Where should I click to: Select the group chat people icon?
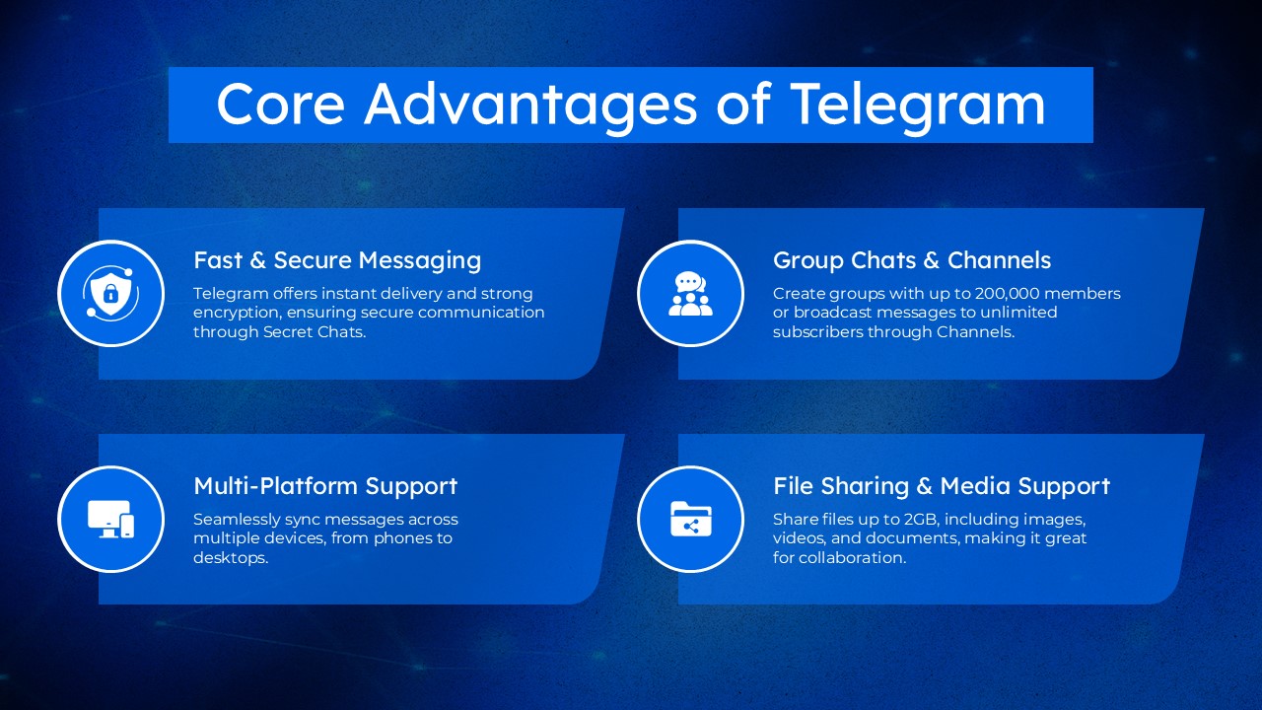[690, 293]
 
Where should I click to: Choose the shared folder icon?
[690, 519]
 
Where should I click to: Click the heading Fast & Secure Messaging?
[337, 260]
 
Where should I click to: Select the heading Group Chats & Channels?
[912, 260]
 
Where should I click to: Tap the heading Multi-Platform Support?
[325, 486]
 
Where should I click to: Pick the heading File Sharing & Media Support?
[942, 486]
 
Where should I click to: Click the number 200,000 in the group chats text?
[1013, 294]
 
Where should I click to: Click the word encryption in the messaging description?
[235, 313]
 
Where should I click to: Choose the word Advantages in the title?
[532, 104]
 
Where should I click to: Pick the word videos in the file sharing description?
[797, 538]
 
